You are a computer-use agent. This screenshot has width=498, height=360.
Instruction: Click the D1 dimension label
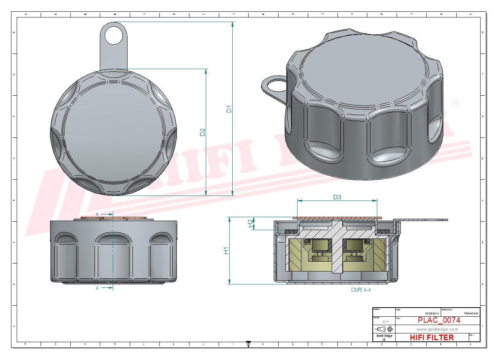[229, 109]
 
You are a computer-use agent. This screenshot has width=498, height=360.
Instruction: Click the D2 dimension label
[203, 132]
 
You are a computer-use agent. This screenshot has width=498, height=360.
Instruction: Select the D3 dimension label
[337, 197]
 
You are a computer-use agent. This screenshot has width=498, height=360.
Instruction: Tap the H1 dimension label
[226, 251]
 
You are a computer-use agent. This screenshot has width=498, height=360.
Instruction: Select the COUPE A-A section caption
[361, 290]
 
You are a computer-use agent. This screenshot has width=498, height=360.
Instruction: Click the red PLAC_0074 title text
[439, 320]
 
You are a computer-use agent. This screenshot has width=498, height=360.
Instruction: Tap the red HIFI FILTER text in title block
[432, 337]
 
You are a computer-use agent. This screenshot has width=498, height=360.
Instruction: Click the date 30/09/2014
[431, 313]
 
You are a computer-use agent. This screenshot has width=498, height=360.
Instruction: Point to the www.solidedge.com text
[437, 329]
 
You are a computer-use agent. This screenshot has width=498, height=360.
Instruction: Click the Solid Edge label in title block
[384, 336]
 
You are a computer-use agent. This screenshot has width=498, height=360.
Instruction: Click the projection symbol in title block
[384, 329]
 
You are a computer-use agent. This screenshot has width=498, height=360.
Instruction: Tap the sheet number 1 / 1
[386, 322]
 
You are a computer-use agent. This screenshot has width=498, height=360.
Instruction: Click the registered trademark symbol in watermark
[455, 103]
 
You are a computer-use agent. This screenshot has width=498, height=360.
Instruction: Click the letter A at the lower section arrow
[97, 288]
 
